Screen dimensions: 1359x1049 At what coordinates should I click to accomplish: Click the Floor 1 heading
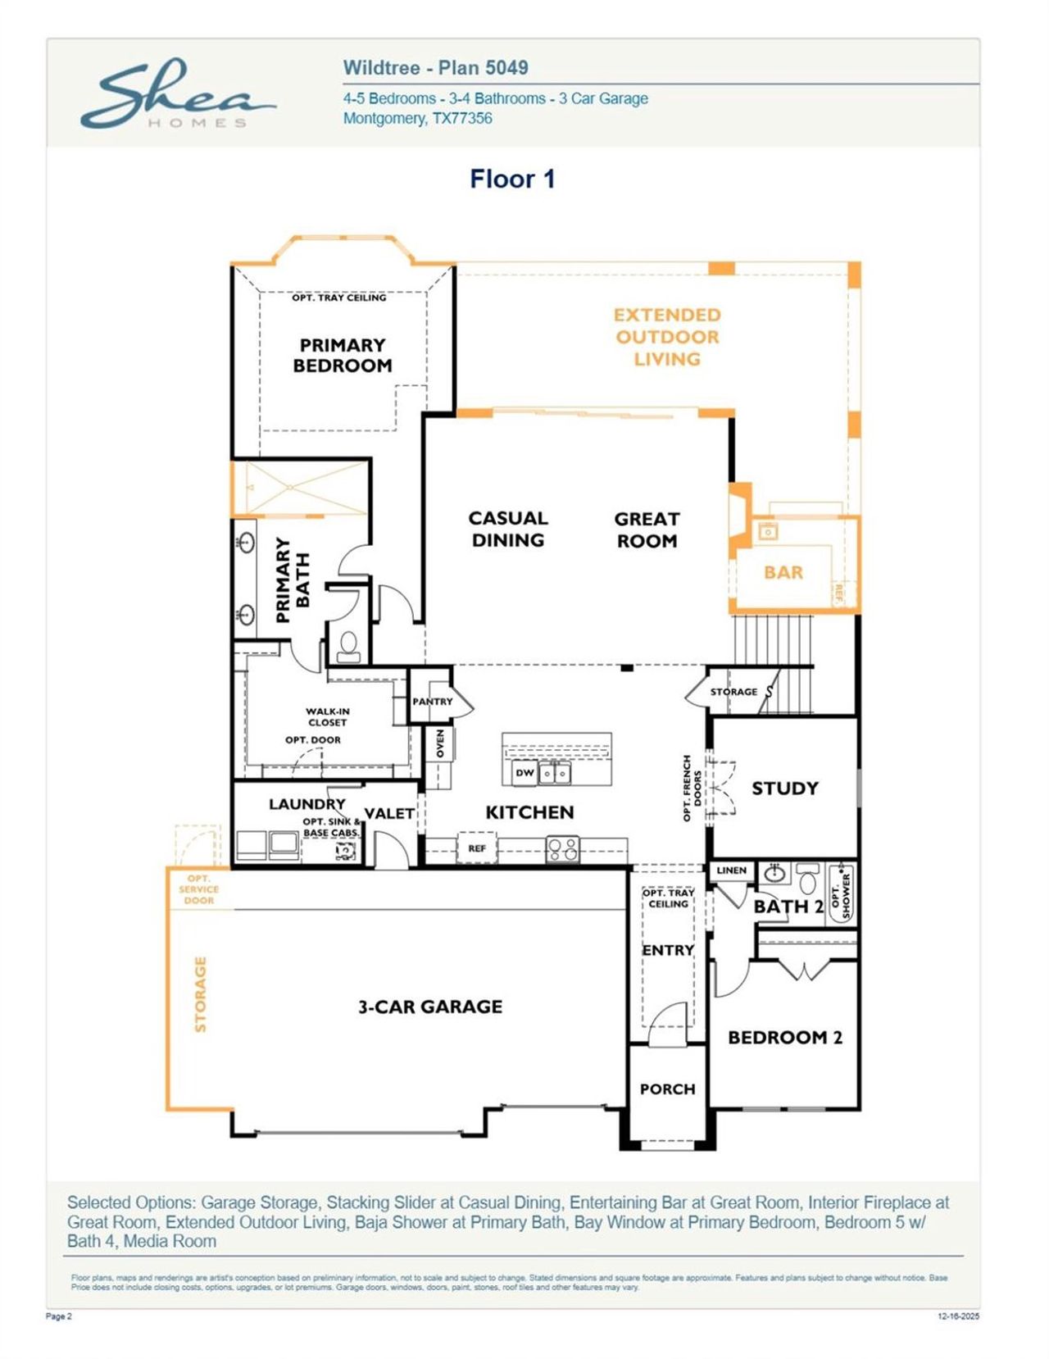(512, 179)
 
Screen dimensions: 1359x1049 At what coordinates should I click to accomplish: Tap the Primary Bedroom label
(343, 356)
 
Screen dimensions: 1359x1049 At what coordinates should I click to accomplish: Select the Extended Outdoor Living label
(667, 337)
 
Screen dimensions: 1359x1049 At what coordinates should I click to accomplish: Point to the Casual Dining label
(507, 530)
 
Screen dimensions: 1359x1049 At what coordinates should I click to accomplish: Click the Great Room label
(647, 530)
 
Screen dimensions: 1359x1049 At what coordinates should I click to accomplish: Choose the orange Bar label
(783, 572)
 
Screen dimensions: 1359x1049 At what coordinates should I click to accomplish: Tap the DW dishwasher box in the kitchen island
(524, 772)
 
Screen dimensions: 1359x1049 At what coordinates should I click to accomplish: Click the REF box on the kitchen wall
(477, 848)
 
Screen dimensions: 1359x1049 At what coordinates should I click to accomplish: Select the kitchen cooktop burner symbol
(562, 848)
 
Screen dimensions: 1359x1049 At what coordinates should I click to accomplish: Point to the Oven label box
(440, 743)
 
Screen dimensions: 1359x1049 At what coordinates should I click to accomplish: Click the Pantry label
(432, 702)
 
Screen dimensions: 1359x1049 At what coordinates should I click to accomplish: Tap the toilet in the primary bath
(349, 645)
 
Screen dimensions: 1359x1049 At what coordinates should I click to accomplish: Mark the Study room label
(784, 789)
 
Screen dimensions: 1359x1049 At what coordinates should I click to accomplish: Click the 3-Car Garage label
(430, 1007)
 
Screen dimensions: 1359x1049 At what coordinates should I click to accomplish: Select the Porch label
(667, 1089)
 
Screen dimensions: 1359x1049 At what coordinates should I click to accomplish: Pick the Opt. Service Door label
(199, 889)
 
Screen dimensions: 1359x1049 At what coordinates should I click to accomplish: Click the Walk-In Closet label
(327, 717)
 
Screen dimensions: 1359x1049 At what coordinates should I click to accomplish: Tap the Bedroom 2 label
(784, 1038)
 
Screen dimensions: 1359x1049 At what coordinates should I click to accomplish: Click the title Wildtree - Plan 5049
(435, 68)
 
